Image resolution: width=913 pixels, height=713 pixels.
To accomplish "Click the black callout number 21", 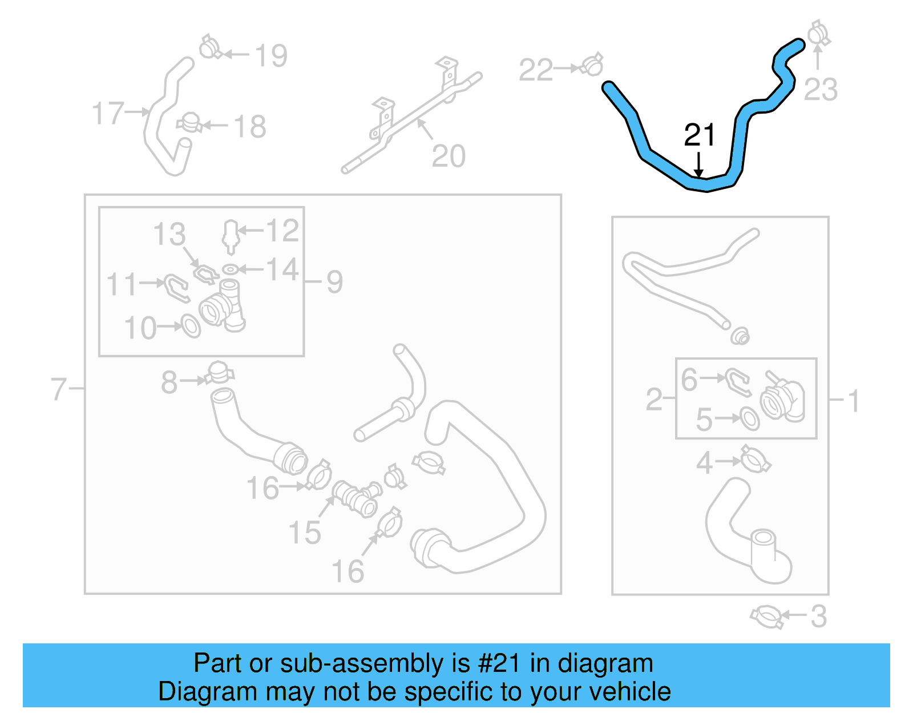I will coord(699,135).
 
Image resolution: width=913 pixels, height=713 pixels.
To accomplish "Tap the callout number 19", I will coord(270,55).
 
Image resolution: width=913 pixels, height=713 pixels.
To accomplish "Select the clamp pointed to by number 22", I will coord(592,66).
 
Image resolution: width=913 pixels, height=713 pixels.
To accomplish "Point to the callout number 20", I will coord(449,156).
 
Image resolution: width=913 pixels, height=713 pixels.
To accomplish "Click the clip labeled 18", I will coord(189,122).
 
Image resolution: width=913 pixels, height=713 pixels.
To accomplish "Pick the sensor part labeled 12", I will coord(230,236).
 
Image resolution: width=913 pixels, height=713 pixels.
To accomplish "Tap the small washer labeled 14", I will coord(230,269).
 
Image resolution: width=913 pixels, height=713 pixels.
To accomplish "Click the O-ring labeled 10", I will coord(191,326).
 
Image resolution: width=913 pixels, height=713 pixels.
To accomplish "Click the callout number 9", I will coord(335,281).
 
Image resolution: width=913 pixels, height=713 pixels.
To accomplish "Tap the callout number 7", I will coord(58,389).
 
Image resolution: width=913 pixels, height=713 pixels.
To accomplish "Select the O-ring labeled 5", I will coord(750,418).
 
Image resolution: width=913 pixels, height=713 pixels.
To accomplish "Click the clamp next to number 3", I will coord(766,617).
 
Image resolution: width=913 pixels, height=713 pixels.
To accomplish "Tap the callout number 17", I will coord(108,112).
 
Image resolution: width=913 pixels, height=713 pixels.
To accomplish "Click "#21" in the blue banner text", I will coord(499,663).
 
